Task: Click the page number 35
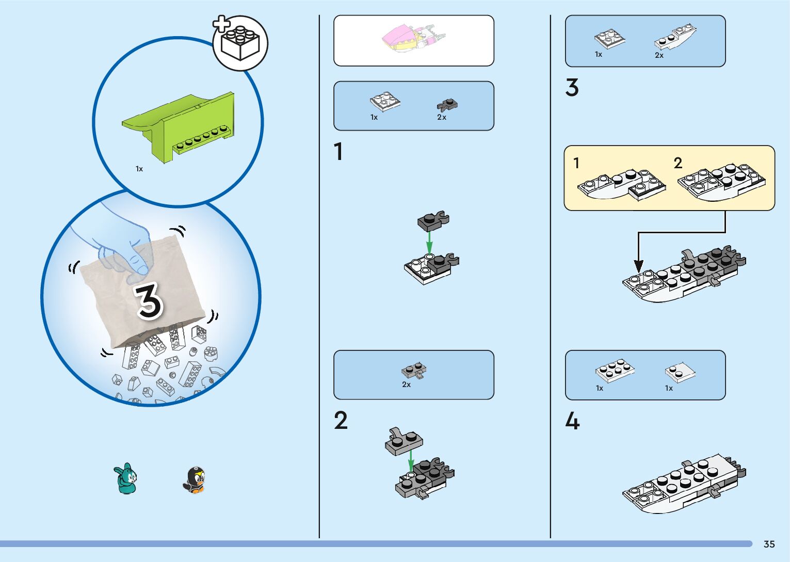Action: pyautogui.click(x=769, y=544)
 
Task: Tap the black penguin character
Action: pyautogui.click(x=195, y=480)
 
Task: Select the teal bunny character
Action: pyautogui.click(x=125, y=478)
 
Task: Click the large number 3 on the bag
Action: pyautogui.click(x=149, y=301)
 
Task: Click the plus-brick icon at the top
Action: pyautogui.click(x=240, y=42)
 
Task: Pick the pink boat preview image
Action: pyautogui.click(x=413, y=38)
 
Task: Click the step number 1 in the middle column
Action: pyautogui.click(x=338, y=151)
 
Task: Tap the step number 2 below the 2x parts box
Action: pyautogui.click(x=341, y=420)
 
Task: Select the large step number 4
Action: pyautogui.click(x=572, y=421)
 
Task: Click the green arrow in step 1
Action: pyautogui.click(x=429, y=243)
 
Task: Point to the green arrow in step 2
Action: pyautogui.click(x=411, y=461)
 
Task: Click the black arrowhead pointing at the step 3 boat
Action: pyautogui.click(x=638, y=266)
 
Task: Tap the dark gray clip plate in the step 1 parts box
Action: pyautogui.click(x=447, y=105)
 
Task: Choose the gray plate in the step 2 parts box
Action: pyautogui.click(x=414, y=371)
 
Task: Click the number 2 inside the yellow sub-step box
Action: pyautogui.click(x=678, y=163)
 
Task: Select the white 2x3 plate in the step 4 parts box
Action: pyautogui.click(x=615, y=371)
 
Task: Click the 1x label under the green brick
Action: pyautogui.click(x=139, y=169)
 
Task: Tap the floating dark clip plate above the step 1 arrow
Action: pyautogui.click(x=433, y=220)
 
